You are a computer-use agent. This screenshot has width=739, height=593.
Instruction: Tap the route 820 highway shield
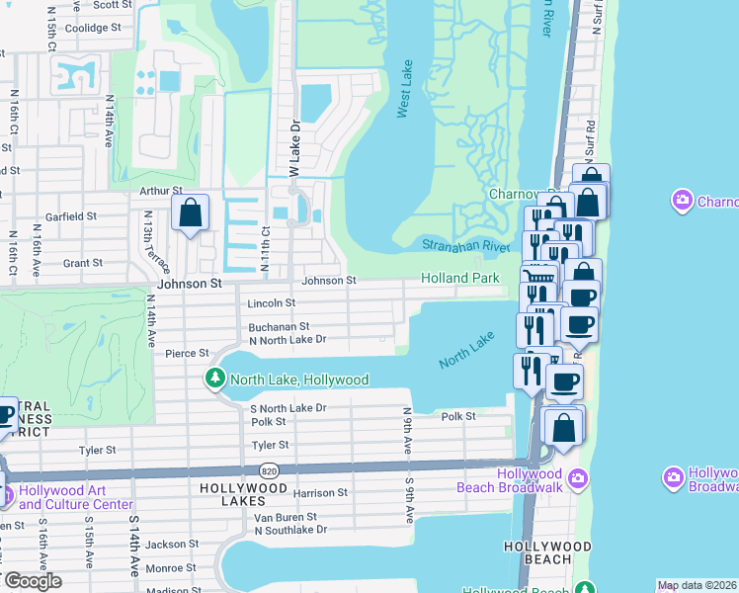click(x=270, y=471)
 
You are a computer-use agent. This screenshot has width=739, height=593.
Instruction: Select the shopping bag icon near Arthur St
click(x=189, y=212)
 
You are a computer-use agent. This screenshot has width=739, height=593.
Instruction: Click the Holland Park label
click(x=459, y=279)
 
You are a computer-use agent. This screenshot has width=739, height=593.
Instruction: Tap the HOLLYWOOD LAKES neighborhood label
click(x=243, y=488)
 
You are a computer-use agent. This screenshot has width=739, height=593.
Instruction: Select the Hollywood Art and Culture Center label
click(x=75, y=497)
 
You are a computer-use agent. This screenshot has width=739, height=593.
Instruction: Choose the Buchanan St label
click(x=279, y=326)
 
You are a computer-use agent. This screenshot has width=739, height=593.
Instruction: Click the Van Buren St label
click(x=286, y=517)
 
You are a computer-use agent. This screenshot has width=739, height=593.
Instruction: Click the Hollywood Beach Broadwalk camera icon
click(x=578, y=479)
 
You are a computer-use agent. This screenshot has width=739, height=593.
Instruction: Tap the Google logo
click(x=33, y=580)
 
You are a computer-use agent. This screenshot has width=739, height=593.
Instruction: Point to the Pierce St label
click(x=187, y=353)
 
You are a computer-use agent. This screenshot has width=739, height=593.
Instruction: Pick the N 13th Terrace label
click(x=156, y=243)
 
